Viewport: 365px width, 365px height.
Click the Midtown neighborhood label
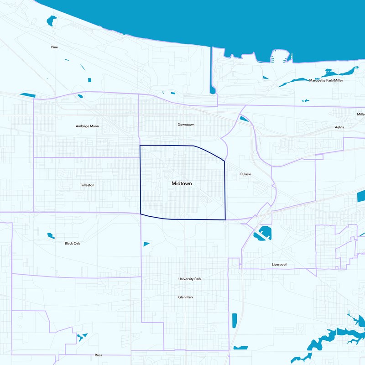click(x=182, y=183)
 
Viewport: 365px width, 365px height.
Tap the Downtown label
click(x=186, y=125)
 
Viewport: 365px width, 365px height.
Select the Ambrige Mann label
click(x=87, y=126)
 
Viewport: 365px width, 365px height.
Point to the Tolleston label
click(x=87, y=185)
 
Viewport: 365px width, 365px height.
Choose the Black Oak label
click(x=73, y=243)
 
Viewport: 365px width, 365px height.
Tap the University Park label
click(x=190, y=278)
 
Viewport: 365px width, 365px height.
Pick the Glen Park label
click(x=186, y=297)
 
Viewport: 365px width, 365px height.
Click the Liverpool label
click(x=279, y=265)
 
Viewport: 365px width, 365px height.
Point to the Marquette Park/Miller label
click(x=326, y=80)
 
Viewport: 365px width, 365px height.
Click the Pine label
click(x=55, y=47)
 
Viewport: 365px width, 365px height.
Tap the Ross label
click(x=98, y=355)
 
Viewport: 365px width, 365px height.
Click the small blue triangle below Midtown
click(x=146, y=244)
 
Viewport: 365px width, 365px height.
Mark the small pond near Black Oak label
click(x=51, y=236)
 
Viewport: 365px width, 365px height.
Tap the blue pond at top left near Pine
click(x=52, y=20)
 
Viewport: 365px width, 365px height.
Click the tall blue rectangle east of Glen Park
click(x=235, y=320)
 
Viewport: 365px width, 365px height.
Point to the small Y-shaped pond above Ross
click(x=81, y=337)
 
